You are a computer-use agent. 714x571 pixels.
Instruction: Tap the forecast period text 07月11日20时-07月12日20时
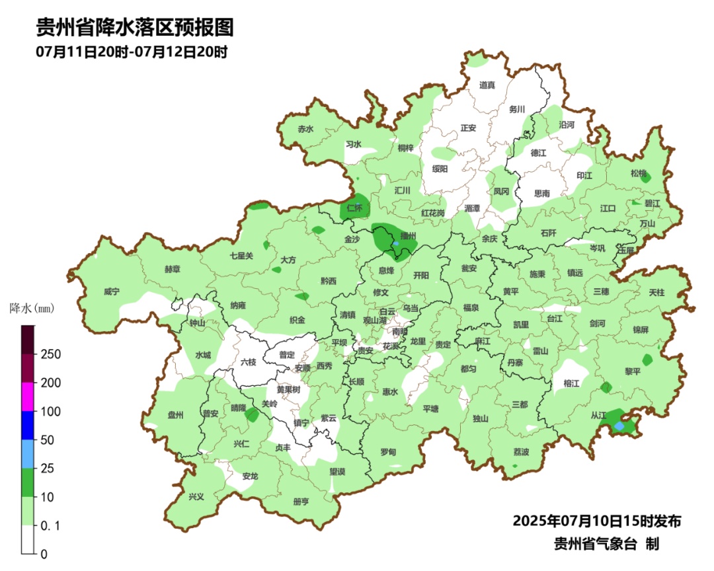(132, 52)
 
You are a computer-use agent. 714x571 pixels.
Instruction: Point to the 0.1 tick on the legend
(52, 525)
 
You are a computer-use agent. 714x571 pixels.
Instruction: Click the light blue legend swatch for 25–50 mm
(28, 454)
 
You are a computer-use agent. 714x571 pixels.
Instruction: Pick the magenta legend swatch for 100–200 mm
(28, 397)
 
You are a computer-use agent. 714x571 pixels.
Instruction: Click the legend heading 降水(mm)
(31, 308)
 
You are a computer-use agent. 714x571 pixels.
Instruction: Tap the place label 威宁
(112, 292)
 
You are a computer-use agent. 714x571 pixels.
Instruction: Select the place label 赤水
(305, 130)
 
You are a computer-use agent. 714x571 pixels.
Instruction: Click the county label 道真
(487, 85)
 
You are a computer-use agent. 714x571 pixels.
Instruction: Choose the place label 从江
(598, 416)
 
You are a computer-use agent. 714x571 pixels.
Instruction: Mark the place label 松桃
(638, 173)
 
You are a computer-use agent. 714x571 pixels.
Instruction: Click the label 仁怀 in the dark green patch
(355, 208)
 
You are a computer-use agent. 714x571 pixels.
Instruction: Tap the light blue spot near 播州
(396, 244)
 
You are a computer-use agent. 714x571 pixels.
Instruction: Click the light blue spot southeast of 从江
(619, 427)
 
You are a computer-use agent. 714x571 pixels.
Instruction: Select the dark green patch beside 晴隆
(252, 415)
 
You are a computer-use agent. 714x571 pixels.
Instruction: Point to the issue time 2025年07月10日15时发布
(596, 521)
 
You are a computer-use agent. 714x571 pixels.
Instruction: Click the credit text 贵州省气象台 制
(606, 544)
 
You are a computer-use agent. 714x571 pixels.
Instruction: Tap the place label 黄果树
(288, 390)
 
